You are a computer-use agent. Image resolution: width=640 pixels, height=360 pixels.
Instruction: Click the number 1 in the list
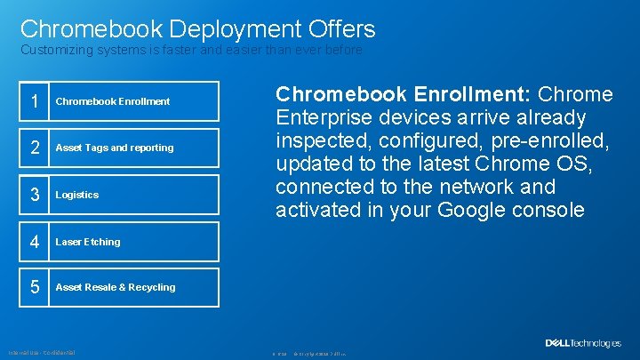point(35,101)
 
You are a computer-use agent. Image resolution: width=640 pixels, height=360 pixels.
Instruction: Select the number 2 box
point(35,148)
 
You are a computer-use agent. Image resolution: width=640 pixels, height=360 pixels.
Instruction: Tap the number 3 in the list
point(35,195)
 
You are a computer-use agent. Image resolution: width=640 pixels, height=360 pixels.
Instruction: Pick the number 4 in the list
point(35,242)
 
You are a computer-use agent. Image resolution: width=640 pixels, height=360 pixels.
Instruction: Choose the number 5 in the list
point(35,288)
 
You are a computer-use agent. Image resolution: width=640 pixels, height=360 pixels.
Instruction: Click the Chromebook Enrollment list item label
point(113,101)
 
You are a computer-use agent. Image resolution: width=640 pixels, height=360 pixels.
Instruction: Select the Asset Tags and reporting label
point(115,148)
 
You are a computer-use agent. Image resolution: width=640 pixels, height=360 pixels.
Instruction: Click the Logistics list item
point(77,195)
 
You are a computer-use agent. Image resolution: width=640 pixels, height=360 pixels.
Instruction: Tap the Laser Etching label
point(88,242)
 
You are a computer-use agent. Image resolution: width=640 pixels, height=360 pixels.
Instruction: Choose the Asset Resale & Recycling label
point(116,288)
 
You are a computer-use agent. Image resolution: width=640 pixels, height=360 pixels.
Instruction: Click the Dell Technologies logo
point(582,343)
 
